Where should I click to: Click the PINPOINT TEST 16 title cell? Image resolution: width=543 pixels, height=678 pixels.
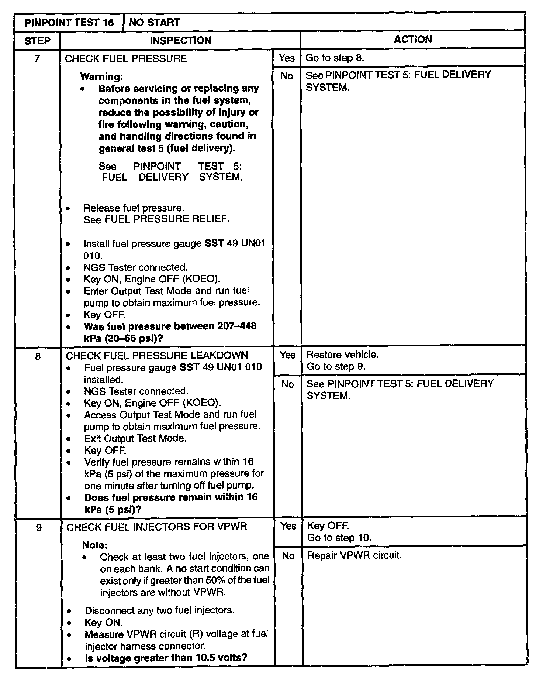tap(69, 23)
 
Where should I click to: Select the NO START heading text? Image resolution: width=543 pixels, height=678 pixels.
tap(155, 23)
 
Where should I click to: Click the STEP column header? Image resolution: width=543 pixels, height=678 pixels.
tap(37, 40)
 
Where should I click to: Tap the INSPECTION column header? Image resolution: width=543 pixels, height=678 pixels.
tap(180, 40)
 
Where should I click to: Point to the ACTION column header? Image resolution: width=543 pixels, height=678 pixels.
tap(412, 40)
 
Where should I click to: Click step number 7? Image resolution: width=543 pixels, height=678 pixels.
tap(37, 58)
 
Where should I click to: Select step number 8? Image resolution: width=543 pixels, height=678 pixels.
tap(38, 356)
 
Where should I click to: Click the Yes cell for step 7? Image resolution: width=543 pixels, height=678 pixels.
tap(287, 58)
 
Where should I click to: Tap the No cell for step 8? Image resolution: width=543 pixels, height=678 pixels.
tap(287, 384)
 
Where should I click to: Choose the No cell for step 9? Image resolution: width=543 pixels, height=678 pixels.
tap(288, 556)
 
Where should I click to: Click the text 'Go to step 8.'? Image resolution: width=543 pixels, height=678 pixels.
tap(335, 58)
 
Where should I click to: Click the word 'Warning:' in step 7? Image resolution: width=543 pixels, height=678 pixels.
tap(101, 77)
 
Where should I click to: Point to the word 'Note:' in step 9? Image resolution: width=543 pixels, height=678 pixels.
tap(95, 545)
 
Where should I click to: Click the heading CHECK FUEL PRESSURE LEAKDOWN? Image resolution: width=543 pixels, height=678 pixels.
tap(157, 356)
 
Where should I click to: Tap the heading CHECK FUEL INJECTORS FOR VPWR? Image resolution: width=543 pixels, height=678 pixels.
tap(157, 527)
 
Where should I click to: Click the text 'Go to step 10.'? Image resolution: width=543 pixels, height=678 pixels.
tap(339, 538)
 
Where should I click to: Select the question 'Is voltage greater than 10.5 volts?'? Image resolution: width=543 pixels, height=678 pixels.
tap(166, 658)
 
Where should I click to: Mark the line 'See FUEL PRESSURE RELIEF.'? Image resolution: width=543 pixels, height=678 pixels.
tap(156, 219)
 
